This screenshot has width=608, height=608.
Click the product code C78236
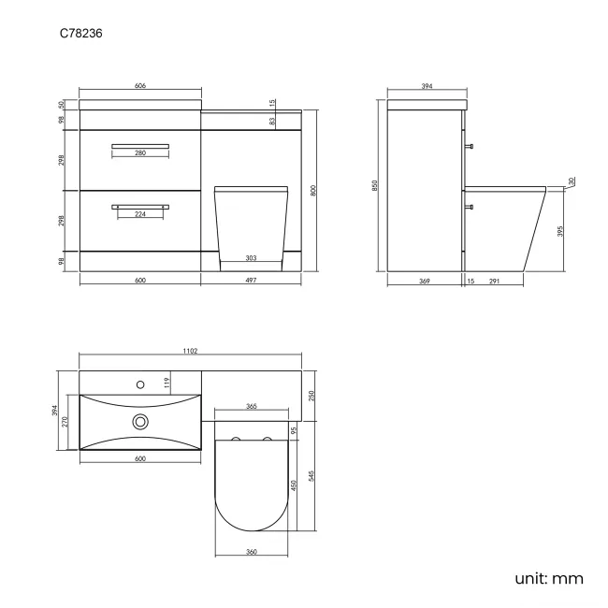pos(80,33)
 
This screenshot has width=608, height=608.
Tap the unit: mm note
pos(548,578)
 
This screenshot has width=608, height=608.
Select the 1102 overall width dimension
pos(190,351)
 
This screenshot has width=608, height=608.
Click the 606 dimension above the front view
pos(140,86)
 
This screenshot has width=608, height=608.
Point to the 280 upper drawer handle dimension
pos(140,153)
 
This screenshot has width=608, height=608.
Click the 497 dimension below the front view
pos(252,281)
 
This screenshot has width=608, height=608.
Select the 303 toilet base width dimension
pos(252,257)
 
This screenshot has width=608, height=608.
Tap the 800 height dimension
pos(314,191)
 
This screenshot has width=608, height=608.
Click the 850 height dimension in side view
pos(375,185)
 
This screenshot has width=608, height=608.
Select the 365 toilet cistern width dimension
pos(252,407)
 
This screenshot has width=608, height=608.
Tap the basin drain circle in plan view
pos(141,422)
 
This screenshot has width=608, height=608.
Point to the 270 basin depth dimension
pos(64,422)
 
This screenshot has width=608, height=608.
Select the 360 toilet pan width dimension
pos(252,552)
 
